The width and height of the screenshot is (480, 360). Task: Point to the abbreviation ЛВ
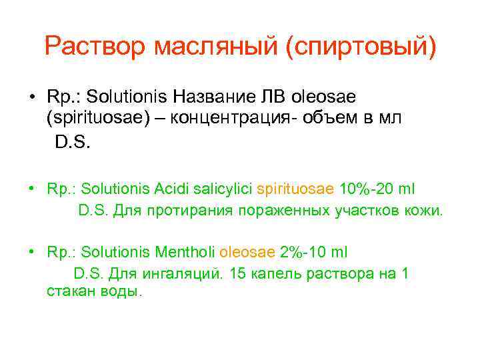click(x=277, y=97)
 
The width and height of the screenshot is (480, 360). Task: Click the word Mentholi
click(x=189, y=253)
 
